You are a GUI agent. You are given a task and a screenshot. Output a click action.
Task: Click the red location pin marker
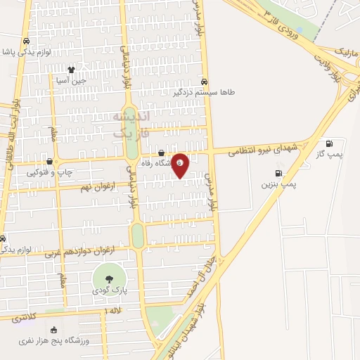coord(181,165)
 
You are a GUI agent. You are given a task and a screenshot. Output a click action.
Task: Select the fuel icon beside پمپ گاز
coord(330,143)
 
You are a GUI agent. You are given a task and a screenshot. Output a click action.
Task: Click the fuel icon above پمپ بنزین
coord(279,173)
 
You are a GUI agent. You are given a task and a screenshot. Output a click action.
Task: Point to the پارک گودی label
coord(109,290)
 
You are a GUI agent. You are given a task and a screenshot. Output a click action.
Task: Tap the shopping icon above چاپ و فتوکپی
coord(49,161)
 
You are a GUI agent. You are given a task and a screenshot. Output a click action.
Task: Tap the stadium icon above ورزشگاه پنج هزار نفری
coord(53,329)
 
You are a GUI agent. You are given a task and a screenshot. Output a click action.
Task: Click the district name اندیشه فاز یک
coord(131,122)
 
